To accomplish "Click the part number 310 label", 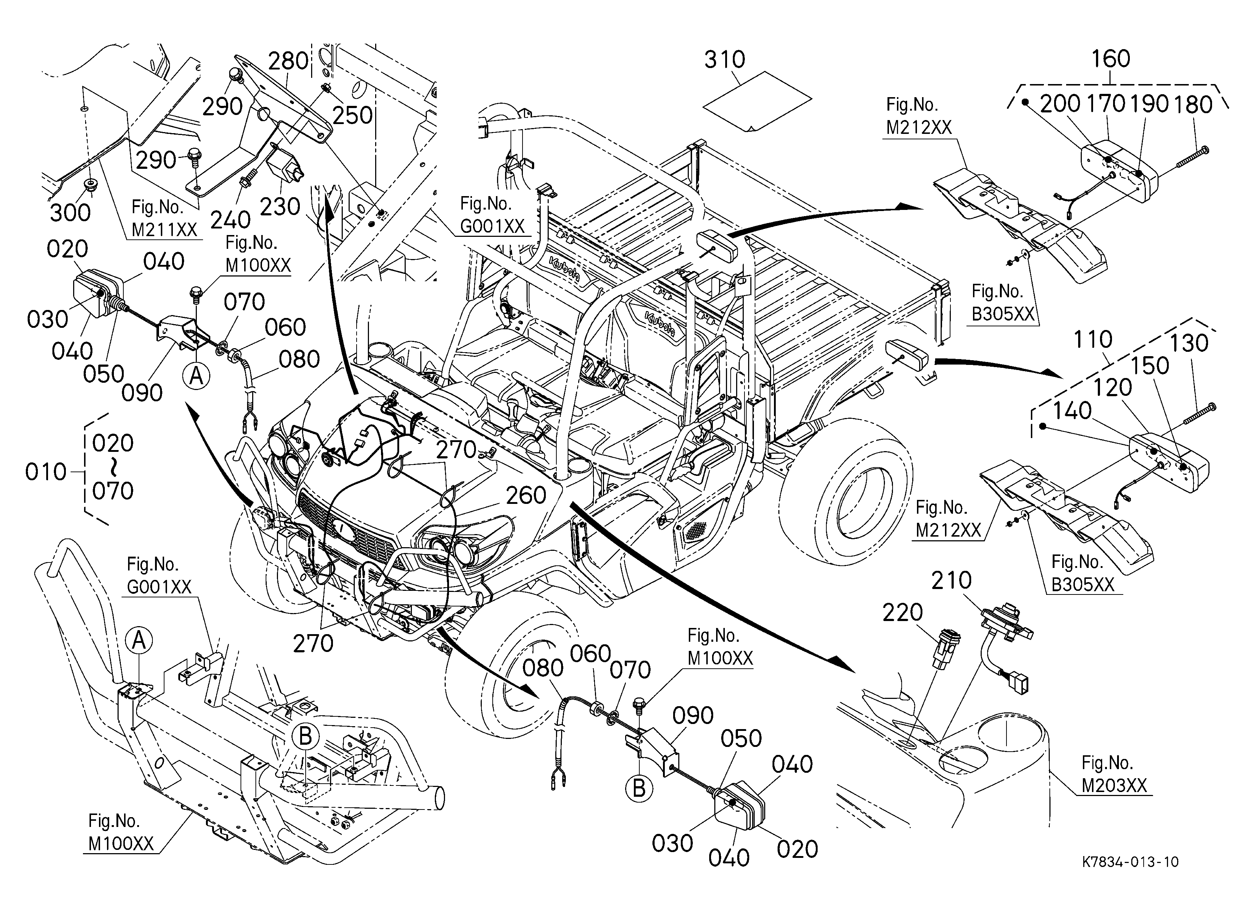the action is pos(724,59).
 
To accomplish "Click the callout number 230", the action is pos(280,207).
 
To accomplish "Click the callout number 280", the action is pos(288,61).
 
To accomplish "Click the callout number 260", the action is pos(526,496).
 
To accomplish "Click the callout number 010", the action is pos(46,472).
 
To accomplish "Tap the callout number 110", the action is pos(1093,339).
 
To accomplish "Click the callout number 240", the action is pos(230,220).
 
